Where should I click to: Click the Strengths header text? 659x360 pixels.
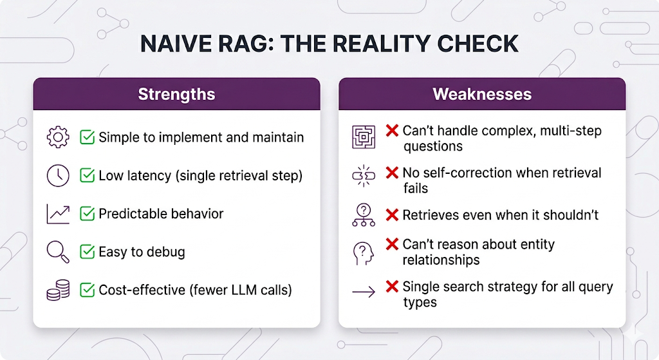click(176, 95)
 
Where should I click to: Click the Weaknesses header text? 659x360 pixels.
click(482, 94)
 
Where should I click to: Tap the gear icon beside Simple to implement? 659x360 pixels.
click(58, 137)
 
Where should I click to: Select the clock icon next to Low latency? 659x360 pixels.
click(58, 175)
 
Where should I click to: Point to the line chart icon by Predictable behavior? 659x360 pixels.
click(58, 214)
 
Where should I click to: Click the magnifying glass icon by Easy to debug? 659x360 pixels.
click(58, 252)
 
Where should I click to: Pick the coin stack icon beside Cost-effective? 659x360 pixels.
click(58, 290)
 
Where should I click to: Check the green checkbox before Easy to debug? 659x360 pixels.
click(87, 252)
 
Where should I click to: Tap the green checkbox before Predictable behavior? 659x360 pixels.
click(87, 214)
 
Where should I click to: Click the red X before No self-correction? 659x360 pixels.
click(392, 173)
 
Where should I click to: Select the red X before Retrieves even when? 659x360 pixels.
click(392, 215)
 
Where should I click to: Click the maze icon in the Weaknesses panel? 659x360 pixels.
click(364, 137)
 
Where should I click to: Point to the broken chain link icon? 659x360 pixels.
click(364, 176)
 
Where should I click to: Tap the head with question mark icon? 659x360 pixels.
click(364, 254)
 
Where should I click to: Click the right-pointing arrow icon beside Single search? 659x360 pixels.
click(364, 292)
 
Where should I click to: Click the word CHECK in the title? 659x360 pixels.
click(478, 44)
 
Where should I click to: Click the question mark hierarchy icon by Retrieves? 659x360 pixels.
click(364, 215)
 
